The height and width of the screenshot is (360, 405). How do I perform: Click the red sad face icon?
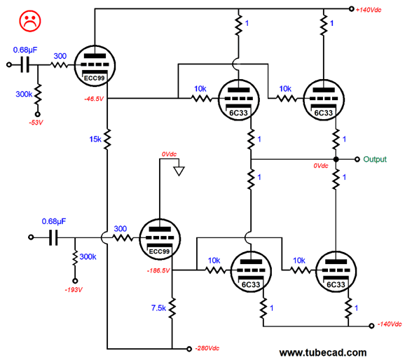click(30, 21)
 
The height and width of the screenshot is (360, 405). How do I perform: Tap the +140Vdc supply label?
click(369, 10)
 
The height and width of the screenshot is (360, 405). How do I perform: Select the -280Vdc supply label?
click(207, 348)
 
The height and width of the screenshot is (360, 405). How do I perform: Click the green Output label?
click(375, 160)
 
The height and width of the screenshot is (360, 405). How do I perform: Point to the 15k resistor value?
click(95, 139)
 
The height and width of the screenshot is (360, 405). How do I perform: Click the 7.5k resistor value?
click(158, 308)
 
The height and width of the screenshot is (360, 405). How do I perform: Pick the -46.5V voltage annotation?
click(94, 99)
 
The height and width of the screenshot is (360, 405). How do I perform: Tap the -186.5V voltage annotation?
click(158, 270)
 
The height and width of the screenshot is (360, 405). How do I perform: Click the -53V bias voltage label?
click(36, 123)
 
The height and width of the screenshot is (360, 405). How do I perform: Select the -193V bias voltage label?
click(74, 290)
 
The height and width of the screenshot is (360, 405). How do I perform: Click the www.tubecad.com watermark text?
click(323, 353)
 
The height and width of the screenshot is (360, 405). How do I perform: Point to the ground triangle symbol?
click(179, 172)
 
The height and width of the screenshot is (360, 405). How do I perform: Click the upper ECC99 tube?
click(95, 66)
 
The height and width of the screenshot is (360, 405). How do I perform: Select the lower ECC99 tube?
click(160, 240)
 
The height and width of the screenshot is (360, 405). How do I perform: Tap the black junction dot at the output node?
click(336, 160)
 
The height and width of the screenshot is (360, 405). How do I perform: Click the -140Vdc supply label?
click(390, 324)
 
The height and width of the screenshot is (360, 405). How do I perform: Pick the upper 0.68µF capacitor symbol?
click(25, 65)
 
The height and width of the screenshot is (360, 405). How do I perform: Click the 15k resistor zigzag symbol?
click(107, 139)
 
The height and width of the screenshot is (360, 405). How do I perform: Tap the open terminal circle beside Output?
click(357, 160)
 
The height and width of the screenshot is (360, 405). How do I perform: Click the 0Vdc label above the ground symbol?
click(169, 154)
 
